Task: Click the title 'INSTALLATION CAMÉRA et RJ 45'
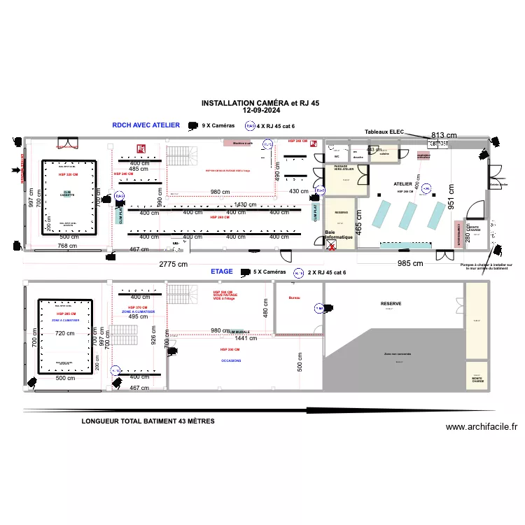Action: [260, 103]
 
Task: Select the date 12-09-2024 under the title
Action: [260, 111]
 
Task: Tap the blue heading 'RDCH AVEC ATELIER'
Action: [146, 125]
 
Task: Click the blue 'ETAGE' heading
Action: [222, 271]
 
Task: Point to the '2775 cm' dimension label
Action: [174, 264]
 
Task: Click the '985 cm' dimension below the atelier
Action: [412, 263]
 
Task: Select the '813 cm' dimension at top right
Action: [444, 135]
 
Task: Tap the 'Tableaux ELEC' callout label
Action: [384, 132]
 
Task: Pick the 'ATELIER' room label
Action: [403, 184]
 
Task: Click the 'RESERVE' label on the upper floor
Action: [391, 304]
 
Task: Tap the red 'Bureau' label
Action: [294, 297]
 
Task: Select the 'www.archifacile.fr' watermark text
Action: [481, 427]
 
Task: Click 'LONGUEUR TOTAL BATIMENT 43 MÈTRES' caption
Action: [148, 421]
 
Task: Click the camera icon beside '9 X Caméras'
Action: [192, 126]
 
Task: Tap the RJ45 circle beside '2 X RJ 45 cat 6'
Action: [297, 272]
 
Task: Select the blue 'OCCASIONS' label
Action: [231, 360]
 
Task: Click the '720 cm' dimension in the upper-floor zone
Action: [65, 333]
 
